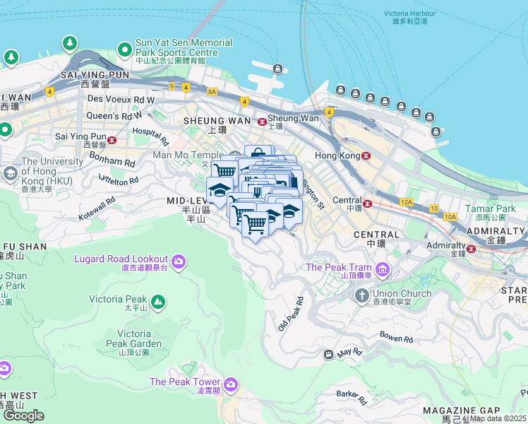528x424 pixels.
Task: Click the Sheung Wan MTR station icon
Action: (262, 121)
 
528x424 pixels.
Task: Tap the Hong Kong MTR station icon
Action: (366, 155)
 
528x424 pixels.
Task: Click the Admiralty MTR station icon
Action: (471, 247)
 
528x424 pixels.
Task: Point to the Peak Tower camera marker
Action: (230, 384)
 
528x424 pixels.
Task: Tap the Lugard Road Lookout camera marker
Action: (178, 261)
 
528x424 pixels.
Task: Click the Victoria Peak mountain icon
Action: (159, 302)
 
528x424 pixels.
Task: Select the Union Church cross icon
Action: (361, 295)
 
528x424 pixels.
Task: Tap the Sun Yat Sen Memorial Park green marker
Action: (125, 49)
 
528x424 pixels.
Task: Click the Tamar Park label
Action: (496, 208)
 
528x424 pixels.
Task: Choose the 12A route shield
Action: (406, 202)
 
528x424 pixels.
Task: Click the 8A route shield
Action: (212, 92)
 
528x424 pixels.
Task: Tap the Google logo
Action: (23, 415)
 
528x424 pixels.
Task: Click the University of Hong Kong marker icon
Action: (11, 173)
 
